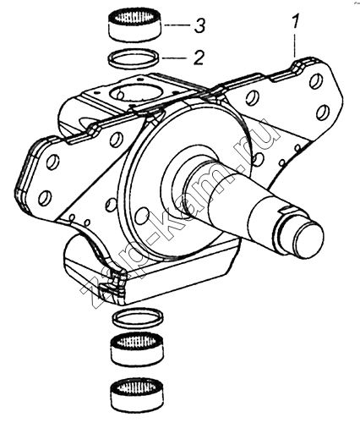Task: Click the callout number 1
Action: tap(295, 21)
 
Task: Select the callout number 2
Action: tap(199, 58)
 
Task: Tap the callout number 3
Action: tap(199, 26)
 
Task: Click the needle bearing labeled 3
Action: tap(135, 25)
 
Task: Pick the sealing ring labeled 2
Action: tap(135, 59)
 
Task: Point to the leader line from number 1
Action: tap(295, 45)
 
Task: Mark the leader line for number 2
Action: tap(175, 58)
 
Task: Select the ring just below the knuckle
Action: tap(138, 318)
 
